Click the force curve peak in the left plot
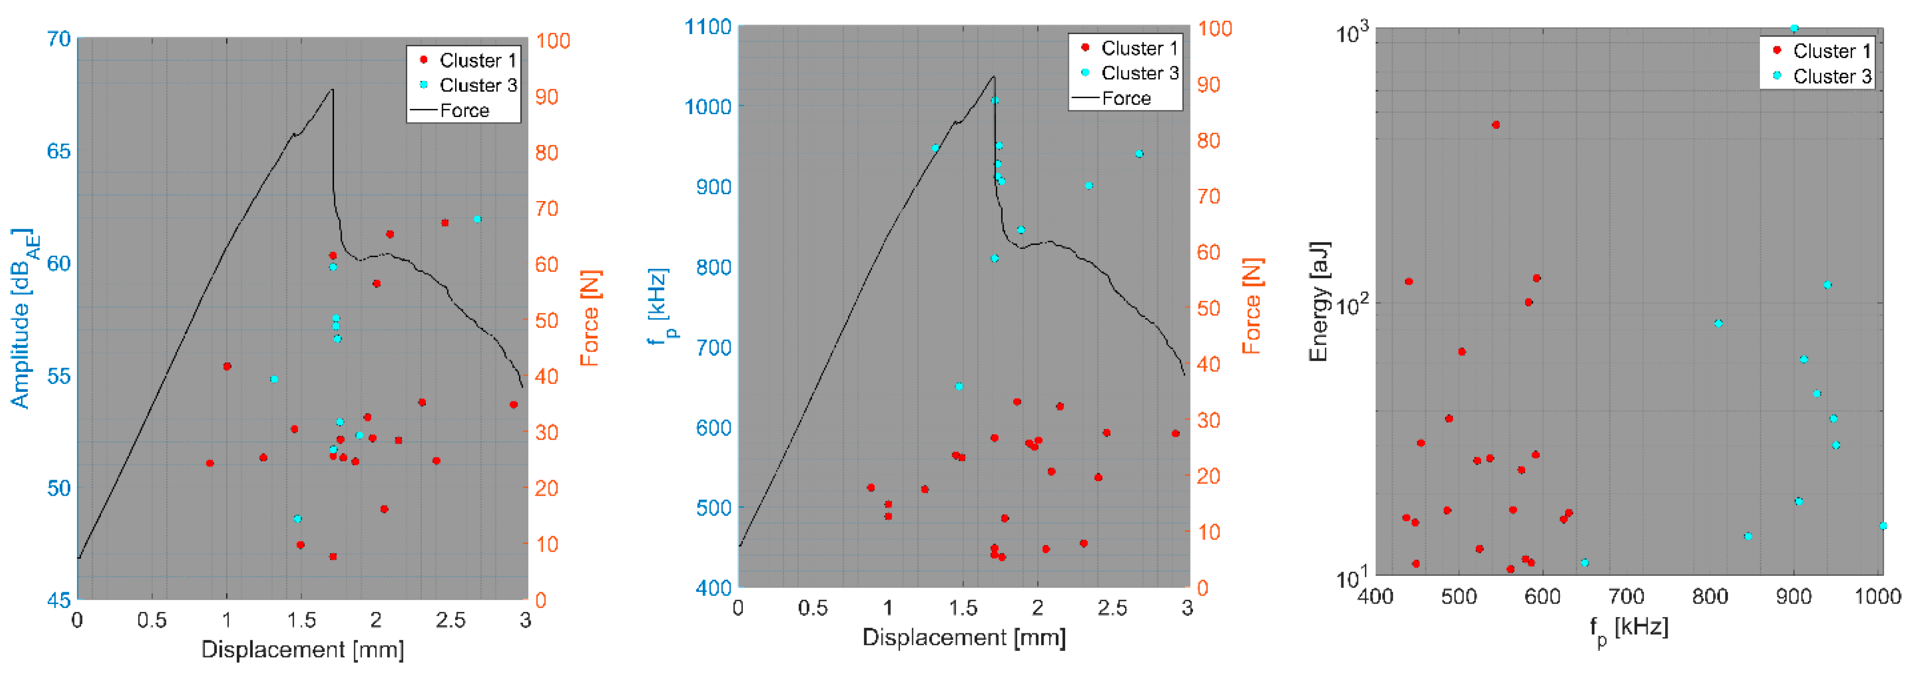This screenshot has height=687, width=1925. [332, 90]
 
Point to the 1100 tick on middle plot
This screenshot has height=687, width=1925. [708, 27]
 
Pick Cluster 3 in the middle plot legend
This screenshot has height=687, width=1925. [1139, 73]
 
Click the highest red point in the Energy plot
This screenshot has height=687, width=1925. [1495, 125]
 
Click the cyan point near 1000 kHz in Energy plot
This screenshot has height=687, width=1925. [1883, 525]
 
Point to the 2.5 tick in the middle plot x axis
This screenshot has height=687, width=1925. [1112, 608]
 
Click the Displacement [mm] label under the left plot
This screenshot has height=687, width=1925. [303, 649]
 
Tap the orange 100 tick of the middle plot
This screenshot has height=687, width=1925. [1214, 28]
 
